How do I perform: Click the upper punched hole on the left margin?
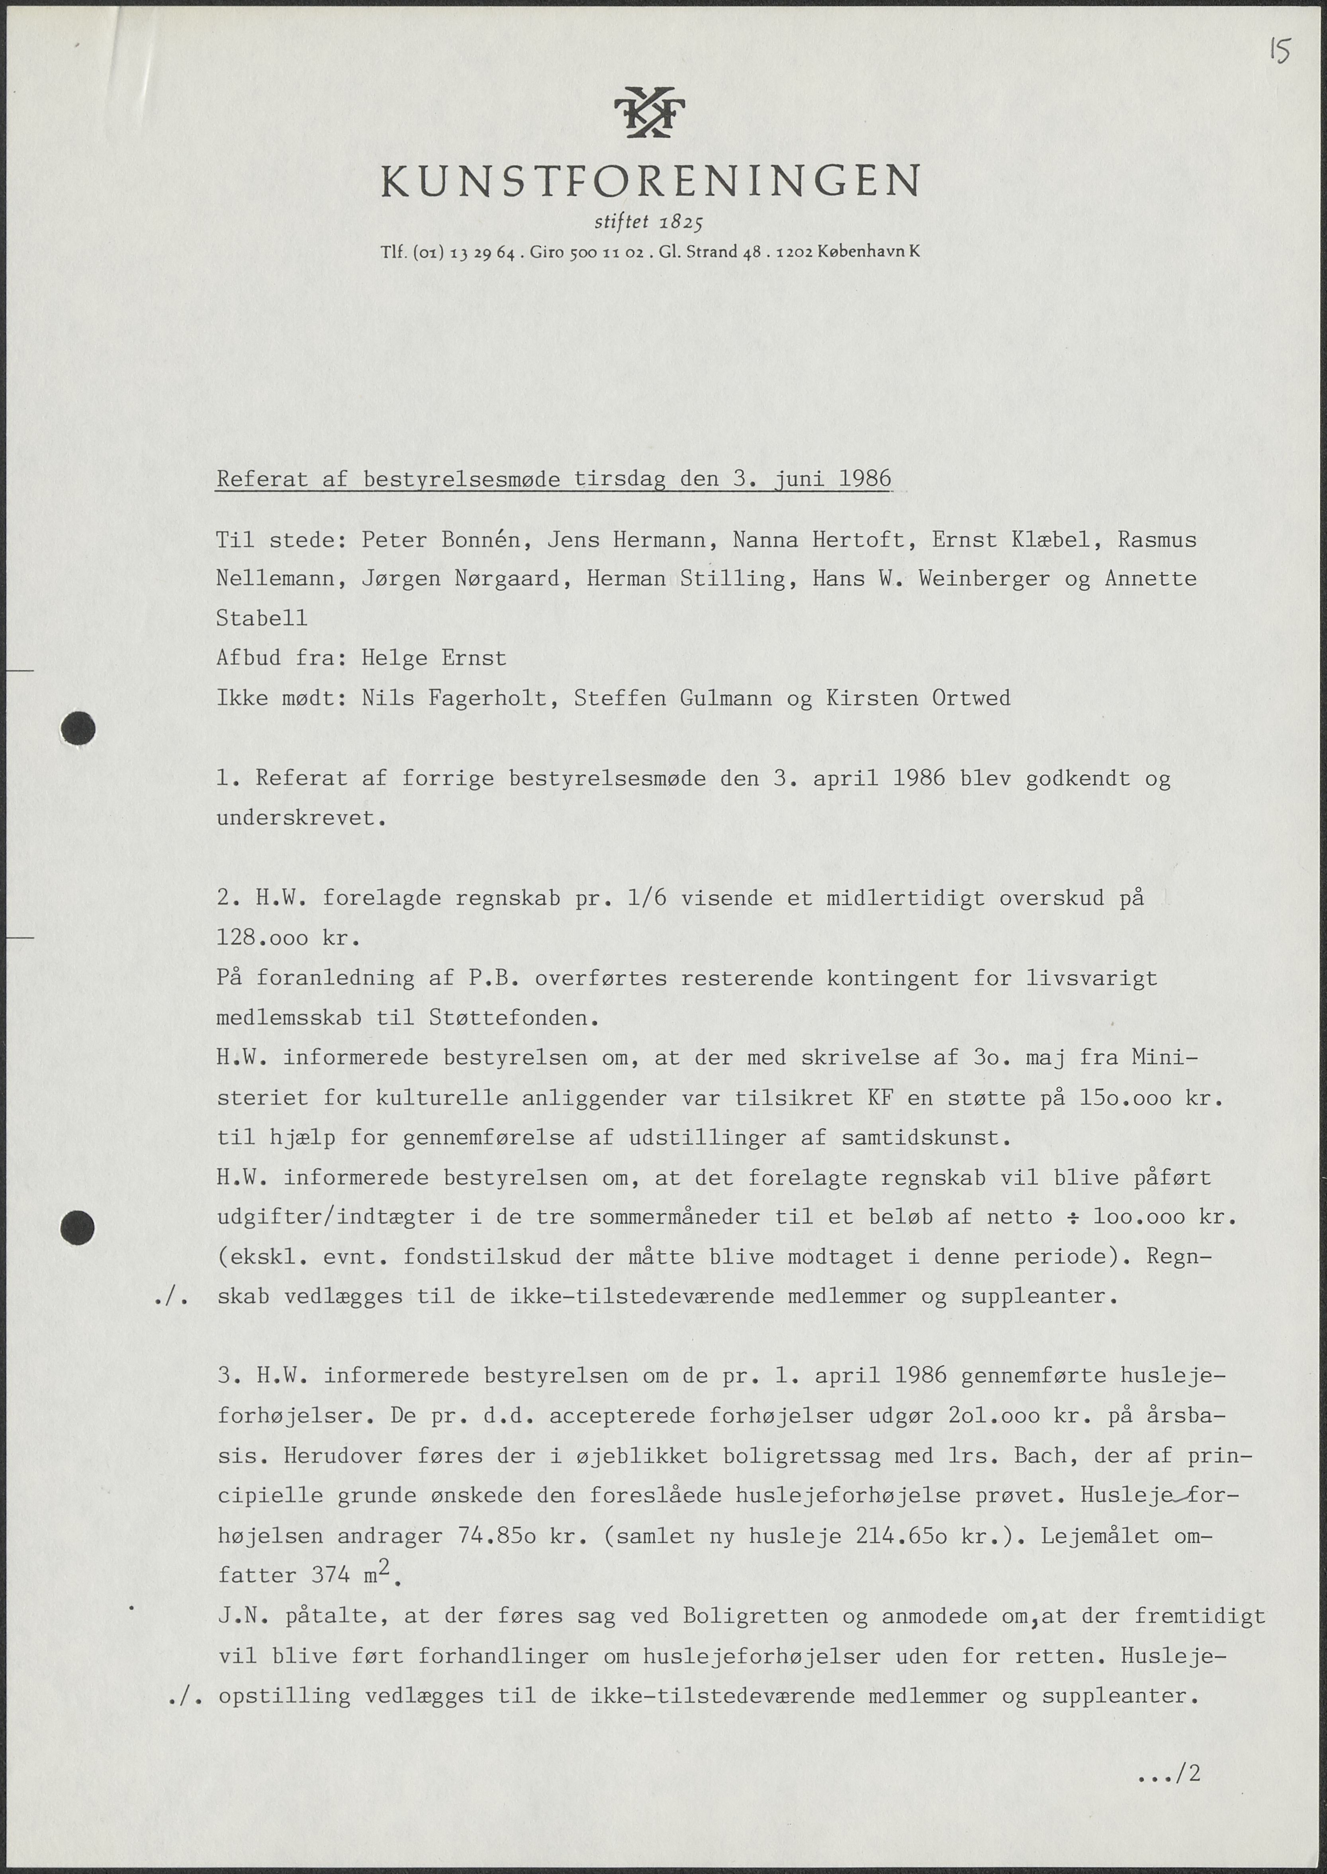[78, 728]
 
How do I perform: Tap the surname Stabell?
[262, 619]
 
